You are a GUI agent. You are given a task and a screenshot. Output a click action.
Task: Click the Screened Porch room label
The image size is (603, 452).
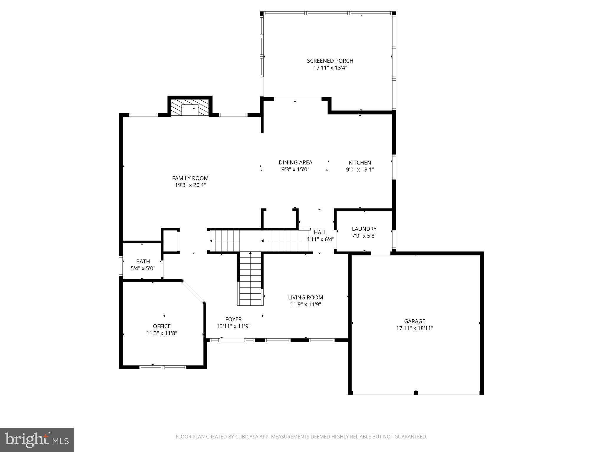pyautogui.click(x=330, y=61)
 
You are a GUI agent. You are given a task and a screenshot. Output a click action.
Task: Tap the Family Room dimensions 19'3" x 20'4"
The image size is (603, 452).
pyautogui.click(x=190, y=185)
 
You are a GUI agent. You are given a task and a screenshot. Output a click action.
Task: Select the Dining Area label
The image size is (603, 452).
pyautogui.click(x=295, y=162)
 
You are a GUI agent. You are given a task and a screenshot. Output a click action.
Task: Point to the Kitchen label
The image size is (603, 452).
pyautogui.click(x=360, y=162)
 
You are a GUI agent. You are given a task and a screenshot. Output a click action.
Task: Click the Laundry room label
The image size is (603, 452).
pyautogui.click(x=364, y=229)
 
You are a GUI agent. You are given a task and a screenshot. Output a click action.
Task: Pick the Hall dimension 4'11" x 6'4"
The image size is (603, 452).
pyautogui.click(x=320, y=239)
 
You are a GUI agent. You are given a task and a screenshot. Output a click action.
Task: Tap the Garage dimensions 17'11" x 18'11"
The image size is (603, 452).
pyautogui.click(x=415, y=328)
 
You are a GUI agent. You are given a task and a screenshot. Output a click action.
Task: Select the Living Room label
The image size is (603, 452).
pyautogui.click(x=305, y=298)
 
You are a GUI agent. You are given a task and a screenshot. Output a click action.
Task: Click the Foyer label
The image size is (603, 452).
pyautogui.click(x=233, y=319)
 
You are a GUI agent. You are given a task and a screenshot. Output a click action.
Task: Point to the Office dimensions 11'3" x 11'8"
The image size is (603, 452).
pyautogui.click(x=162, y=333)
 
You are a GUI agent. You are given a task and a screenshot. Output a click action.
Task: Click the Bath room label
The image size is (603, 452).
pyautogui.click(x=143, y=261)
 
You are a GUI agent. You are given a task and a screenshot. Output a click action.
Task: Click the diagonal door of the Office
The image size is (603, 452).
pyautogui.click(x=193, y=291)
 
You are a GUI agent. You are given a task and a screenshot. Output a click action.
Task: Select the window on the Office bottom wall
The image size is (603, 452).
pyautogui.click(x=163, y=367)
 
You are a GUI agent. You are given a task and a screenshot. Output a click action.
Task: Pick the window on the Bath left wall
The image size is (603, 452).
pyautogui.click(x=121, y=266)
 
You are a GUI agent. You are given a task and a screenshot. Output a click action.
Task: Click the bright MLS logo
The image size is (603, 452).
pyautogui.click(x=37, y=440)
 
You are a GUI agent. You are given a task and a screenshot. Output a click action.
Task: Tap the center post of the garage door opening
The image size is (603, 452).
pyautogui.click(x=416, y=392)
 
